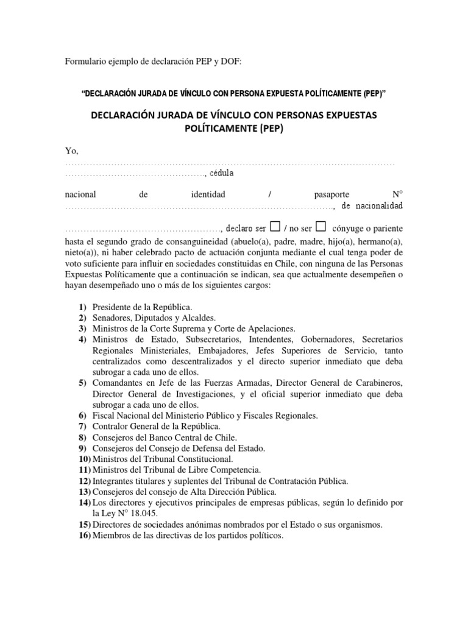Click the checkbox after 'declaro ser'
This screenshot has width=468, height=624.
[x=274, y=227]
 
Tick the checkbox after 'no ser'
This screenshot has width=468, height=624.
[x=322, y=227]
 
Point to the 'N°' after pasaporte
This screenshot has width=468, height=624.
[x=397, y=194]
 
